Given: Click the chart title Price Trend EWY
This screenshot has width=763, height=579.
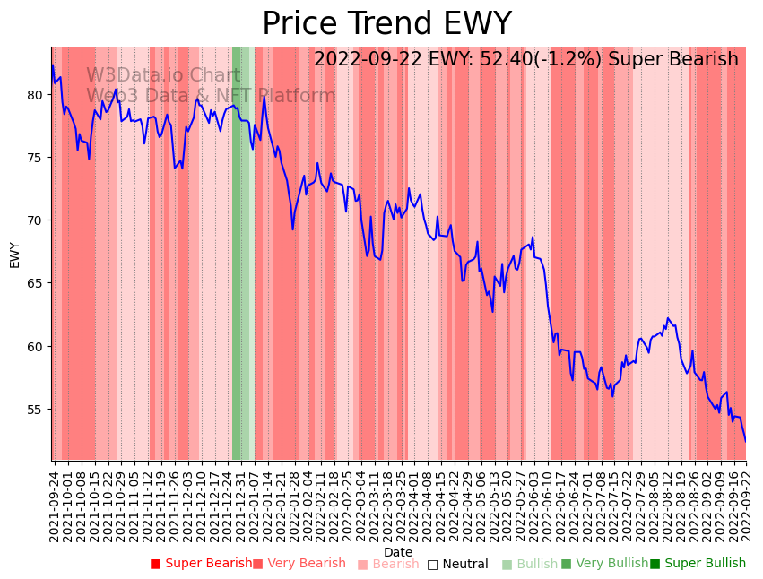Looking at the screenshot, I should [386, 24].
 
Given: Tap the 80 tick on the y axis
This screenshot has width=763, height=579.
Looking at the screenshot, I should [35, 94].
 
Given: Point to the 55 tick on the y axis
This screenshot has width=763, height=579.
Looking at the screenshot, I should [35, 409].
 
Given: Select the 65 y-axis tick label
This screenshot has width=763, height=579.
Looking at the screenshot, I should [35, 283].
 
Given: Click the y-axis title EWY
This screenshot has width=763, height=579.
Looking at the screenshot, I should [14, 255].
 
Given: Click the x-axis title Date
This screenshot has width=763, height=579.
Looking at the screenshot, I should [398, 552].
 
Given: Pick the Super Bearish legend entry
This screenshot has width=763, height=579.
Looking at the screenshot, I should [202, 564].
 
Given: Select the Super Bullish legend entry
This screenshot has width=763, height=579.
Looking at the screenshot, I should [698, 564].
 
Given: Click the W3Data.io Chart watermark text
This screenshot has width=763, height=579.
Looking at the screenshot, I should [163, 76].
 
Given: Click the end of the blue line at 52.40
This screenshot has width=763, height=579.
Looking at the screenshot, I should [746, 441].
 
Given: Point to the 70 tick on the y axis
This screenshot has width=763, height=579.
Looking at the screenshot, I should [35, 220].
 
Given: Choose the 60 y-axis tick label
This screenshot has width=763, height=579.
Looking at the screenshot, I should [35, 346].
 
